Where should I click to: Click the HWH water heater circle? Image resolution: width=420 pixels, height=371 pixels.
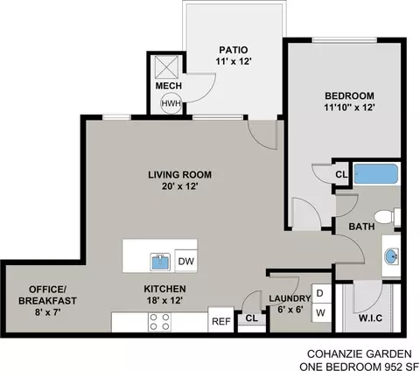coord(171,103)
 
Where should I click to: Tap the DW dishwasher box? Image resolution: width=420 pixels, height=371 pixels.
coord(186,261)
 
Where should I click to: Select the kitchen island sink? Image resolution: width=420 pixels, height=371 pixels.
coord(160,262)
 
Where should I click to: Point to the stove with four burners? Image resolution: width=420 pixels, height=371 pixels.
coord(159,322)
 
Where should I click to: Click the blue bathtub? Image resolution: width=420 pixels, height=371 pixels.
coord(375,174)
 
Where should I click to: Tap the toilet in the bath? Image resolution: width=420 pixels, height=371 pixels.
coord(388,217)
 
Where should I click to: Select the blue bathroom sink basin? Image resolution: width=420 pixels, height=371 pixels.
coord(392,256)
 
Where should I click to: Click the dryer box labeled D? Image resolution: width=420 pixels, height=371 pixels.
coord(321,293)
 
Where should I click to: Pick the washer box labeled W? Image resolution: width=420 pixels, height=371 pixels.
coord(321,312)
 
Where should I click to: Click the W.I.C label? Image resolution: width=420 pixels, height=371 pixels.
coord(370,318)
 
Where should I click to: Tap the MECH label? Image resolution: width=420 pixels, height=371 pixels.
coord(169,86)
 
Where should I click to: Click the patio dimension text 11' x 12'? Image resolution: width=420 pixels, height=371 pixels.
coord(234,61)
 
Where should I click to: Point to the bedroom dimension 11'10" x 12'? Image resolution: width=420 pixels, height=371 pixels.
coord(349,108)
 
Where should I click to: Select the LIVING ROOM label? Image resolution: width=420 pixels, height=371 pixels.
coord(180,175)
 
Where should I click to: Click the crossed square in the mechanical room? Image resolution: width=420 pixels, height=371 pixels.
coord(166,67)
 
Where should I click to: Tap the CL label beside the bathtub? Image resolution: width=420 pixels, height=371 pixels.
coord(341,174)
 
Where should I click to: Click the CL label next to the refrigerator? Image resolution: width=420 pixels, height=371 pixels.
coord(252,318)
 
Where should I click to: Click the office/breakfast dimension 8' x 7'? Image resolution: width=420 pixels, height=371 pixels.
coord(47,312)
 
